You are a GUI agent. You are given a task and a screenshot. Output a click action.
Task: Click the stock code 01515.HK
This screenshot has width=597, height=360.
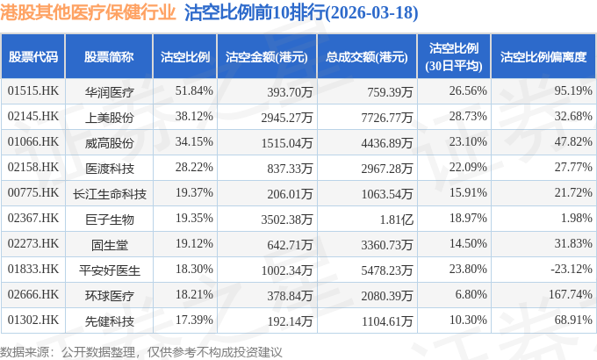click(33, 90)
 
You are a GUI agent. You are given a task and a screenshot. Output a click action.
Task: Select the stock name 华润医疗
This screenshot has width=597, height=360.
click(109, 92)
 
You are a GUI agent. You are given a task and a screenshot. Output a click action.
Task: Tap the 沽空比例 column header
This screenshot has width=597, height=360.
click(185, 57)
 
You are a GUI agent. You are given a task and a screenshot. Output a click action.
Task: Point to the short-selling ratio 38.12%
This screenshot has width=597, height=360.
click(194, 116)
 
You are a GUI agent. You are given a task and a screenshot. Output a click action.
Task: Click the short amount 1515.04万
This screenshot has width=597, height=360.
click(287, 143)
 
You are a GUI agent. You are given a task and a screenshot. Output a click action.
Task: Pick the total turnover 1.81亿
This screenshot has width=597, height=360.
click(396, 220)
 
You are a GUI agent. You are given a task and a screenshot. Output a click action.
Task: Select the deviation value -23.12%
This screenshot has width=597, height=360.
click(572, 269)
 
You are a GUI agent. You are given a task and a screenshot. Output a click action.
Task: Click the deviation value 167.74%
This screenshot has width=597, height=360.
click(571, 294)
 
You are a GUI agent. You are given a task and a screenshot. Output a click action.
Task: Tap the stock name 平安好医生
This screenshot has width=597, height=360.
click(109, 270)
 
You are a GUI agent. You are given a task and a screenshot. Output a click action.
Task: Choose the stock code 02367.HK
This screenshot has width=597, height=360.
click(33, 218)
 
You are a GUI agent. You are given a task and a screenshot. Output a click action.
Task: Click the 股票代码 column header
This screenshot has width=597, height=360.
click(33, 57)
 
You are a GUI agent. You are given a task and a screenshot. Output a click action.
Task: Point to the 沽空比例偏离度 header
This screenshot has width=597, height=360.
click(543, 57)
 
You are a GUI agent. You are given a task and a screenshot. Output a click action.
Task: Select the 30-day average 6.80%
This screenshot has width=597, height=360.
click(471, 294)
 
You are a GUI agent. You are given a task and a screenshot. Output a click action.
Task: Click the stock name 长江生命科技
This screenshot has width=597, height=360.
click(109, 194)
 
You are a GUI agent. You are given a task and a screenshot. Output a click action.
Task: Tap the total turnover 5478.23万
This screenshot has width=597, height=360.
click(387, 270)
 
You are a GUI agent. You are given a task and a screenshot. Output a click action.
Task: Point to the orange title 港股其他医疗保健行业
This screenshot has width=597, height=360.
click(88, 12)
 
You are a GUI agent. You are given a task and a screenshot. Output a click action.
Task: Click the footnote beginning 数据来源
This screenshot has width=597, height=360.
click(140, 352)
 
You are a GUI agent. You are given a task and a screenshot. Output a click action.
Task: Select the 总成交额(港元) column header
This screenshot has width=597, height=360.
click(367, 57)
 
